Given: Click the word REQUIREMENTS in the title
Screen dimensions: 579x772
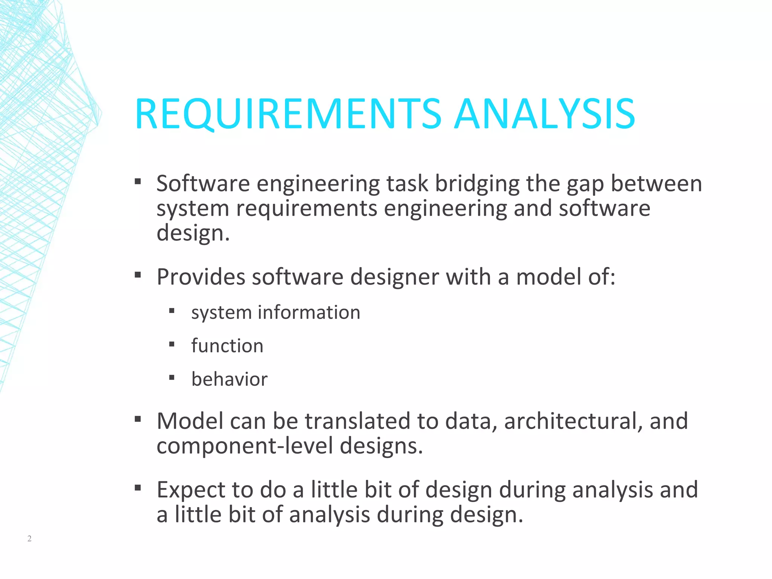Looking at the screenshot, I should coord(288,114).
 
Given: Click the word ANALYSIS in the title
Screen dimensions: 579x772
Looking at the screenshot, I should coord(545,114).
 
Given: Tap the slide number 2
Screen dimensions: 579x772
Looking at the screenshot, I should coord(29,538).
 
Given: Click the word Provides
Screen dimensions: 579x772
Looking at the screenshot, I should coord(201,277).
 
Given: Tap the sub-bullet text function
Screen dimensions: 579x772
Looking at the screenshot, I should coord(227,346).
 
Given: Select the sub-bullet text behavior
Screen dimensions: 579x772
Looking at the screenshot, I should coord(229,379).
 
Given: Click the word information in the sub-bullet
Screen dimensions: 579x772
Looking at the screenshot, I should coord(309,312).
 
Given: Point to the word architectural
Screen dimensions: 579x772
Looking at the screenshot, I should coord(573,421).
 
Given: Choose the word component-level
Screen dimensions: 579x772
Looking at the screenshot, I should coord(245,446).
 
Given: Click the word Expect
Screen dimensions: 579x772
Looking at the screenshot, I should coord(191,490).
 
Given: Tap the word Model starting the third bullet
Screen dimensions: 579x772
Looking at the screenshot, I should coord(190,421).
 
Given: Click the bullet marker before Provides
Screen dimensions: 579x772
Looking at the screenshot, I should coord(138,275).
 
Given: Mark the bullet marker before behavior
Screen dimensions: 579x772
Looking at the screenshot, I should coord(172,377).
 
